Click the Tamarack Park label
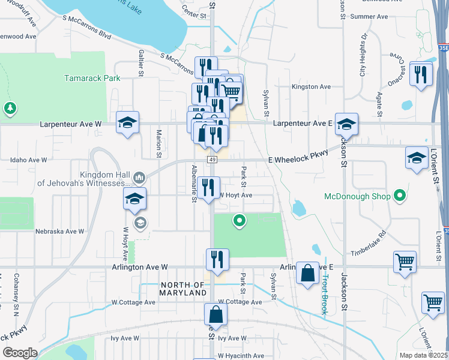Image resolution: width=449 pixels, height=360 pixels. [x=92, y=78]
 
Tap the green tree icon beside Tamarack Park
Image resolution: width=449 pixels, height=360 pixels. [x=10, y=108]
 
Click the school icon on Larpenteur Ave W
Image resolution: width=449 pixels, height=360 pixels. [x=127, y=122]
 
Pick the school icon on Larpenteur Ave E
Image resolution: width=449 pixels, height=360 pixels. [x=346, y=124]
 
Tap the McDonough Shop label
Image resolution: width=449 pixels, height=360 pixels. [x=357, y=196]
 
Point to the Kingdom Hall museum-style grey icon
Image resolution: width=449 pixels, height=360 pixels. [x=139, y=177]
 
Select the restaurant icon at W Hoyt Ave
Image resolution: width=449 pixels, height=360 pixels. [x=208, y=187]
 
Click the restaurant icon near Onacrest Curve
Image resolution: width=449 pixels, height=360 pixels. [x=421, y=74]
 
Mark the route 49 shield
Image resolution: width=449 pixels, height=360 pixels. [x=212, y=160]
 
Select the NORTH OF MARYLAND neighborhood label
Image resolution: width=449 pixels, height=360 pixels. [x=183, y=289]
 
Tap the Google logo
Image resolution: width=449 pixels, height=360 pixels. [x=20, y=353]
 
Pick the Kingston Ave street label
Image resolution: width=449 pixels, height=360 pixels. [x=311, y=87]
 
